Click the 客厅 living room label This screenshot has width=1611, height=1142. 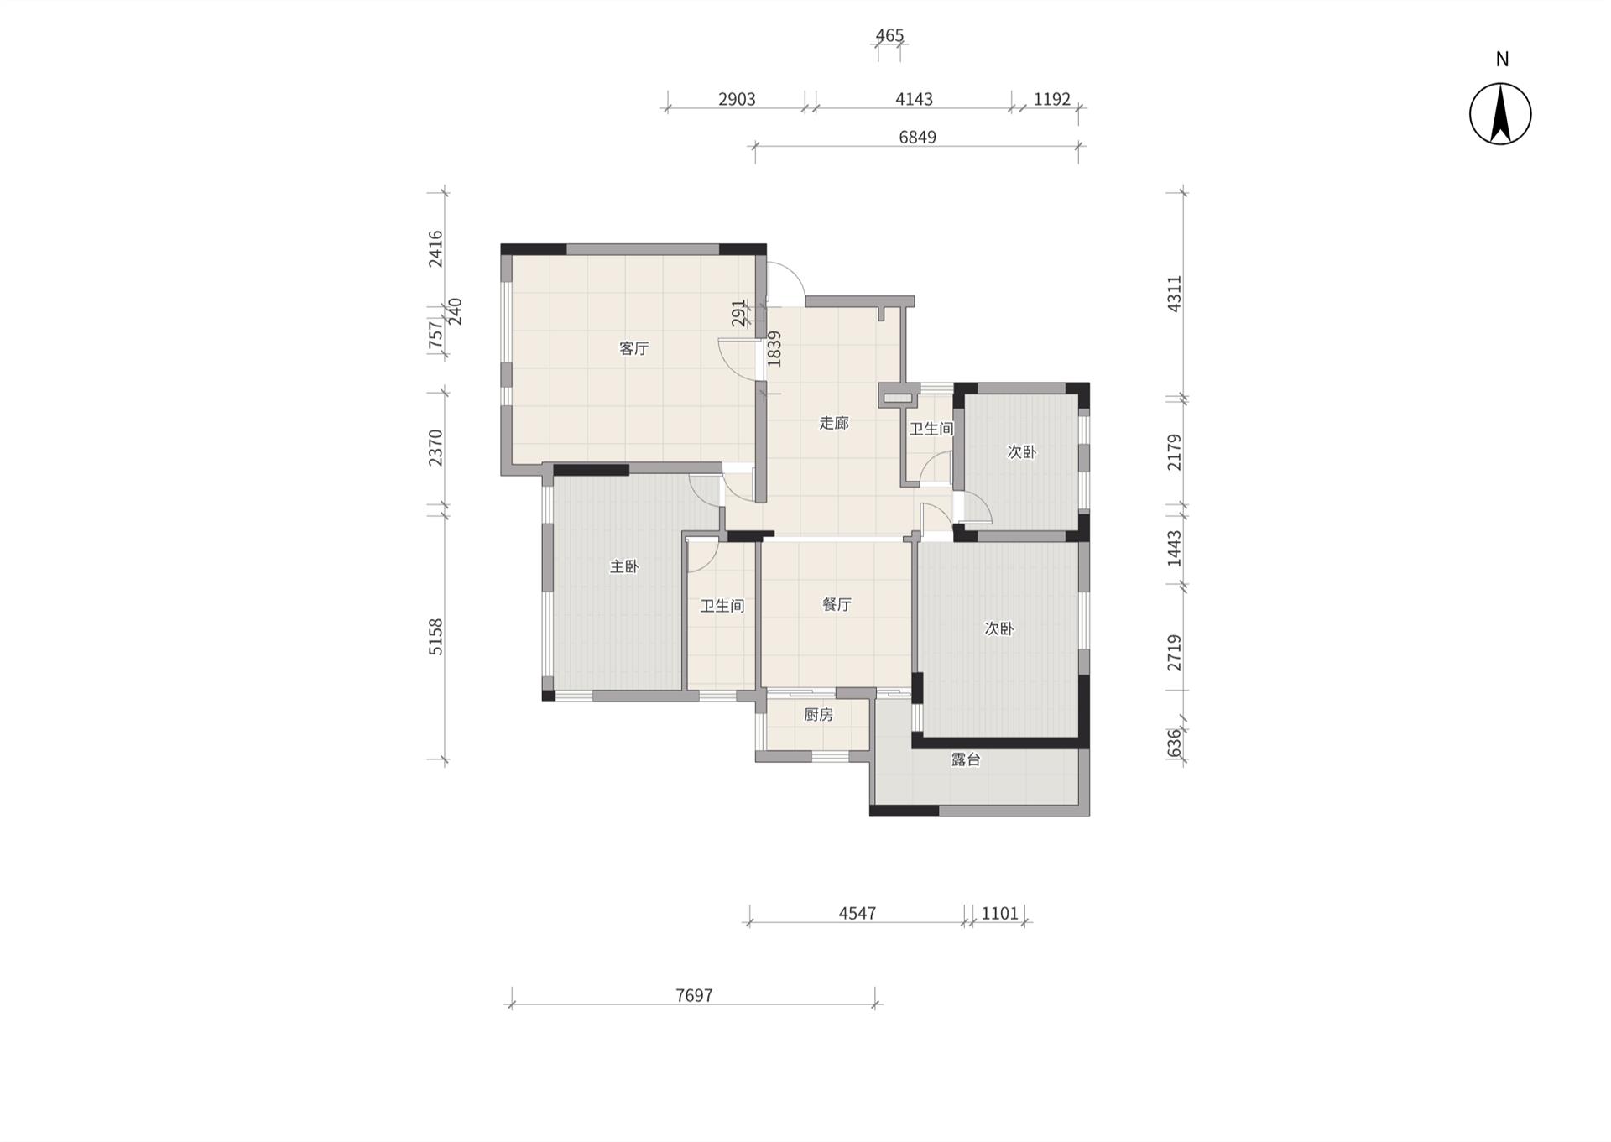(x=634, y=348)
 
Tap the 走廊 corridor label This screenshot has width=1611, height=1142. (x=834, y=423)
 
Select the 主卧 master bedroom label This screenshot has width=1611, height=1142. (x=624, y=566)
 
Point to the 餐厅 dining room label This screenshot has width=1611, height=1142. (x=837, y=604)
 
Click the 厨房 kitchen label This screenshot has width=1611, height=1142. (x=818, y=714)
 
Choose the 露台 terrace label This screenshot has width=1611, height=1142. (x=966, y=759)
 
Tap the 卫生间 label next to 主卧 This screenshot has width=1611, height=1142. (x=722, y=605)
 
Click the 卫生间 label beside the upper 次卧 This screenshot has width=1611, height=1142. (x=931, y=429)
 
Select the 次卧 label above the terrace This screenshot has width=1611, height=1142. (x=998, y=628)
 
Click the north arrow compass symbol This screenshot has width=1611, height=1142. (x=1500, y=114)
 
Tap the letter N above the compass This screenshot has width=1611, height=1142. (x=1502, y=59)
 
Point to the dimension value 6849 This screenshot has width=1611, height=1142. (x=917, y=137)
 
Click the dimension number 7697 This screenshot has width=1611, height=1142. (x=694, y=995)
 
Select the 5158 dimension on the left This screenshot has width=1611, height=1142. (x=435, y=637)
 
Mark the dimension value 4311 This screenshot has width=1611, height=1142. (x=1175, y=294)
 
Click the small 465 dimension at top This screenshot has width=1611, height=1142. (x=889, y=35)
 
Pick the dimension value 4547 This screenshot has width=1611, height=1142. (x=858, y=913)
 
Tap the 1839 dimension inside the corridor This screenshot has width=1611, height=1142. (x=774, y=348)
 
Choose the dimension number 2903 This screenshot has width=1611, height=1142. (x=737, y=99)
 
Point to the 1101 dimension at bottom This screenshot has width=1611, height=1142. (x=1000, y=913)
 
